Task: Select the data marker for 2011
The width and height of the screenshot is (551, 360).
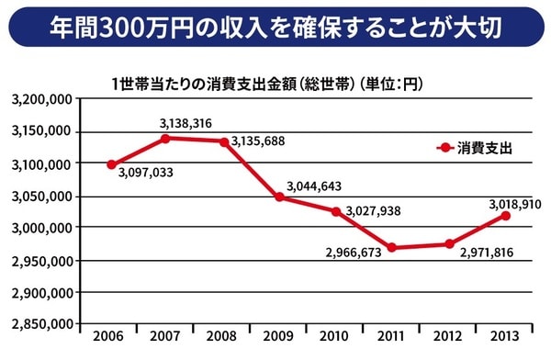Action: click(392, 247)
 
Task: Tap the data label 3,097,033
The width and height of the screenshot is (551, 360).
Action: click(147, 173)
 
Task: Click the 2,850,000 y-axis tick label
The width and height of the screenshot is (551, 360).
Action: click(40, 324)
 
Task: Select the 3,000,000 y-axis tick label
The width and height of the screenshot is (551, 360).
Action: click(40, 228)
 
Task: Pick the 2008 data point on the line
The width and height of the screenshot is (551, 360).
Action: click(223, 141)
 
